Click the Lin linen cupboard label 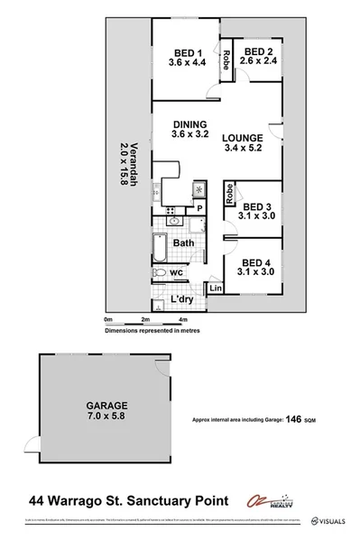tap(216, 288)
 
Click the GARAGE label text tap(107, 406)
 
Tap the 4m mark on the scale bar tap(182, 319)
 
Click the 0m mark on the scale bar tap(107, 319)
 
